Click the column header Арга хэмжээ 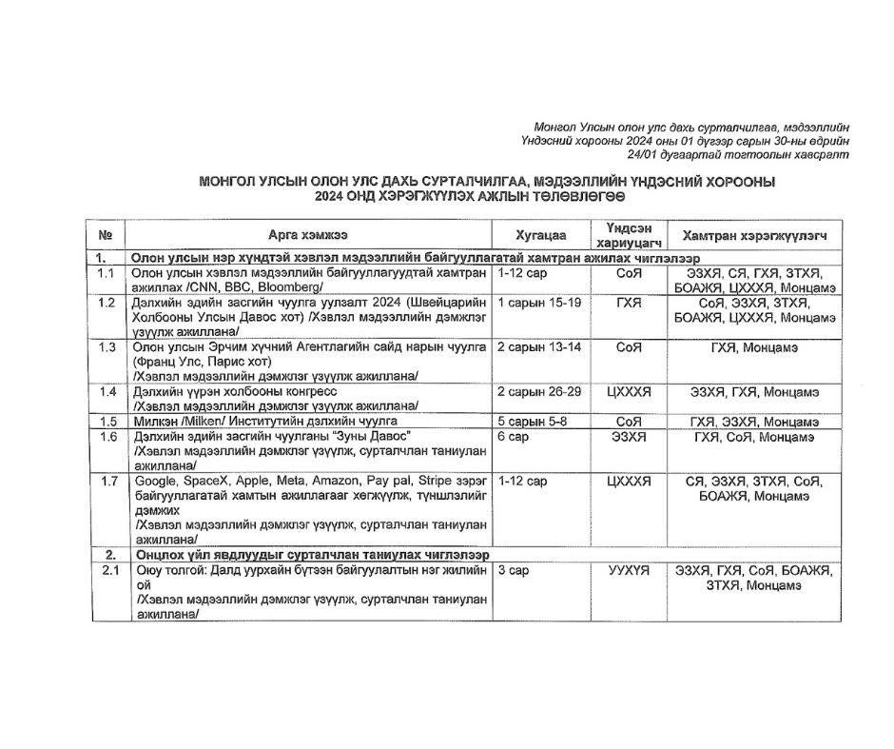tap(307, 235)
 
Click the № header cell tap(106, 235)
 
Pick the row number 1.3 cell tap(107, 347)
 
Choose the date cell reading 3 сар tap(513, 570)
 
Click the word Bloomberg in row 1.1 tap(293, 287)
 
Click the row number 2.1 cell tap(107, 570)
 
